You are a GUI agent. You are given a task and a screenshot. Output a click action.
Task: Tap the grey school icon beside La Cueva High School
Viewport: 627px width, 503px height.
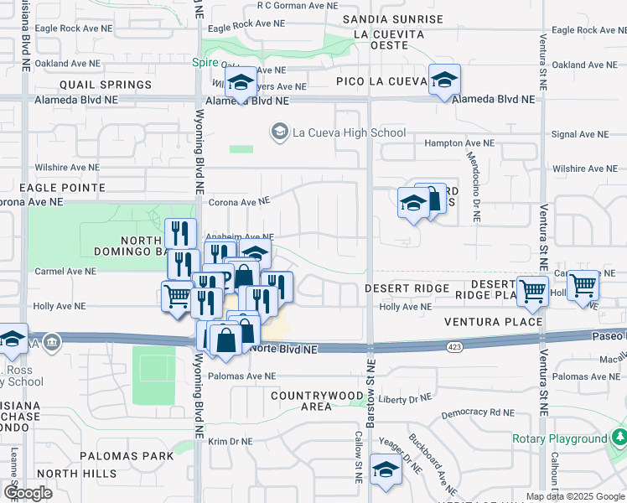(x=278, y=132)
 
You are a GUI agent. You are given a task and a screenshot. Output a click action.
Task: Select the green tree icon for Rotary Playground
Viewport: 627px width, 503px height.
(x=619, y=438)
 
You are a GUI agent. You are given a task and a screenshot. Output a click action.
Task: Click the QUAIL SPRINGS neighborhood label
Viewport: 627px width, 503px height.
(x=105, y=85)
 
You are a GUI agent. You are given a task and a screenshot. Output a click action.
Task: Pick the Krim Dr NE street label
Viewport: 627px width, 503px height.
(x=231, y=441)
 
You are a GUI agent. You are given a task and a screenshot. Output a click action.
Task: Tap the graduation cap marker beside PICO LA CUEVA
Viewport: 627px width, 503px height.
(x=444, y=80)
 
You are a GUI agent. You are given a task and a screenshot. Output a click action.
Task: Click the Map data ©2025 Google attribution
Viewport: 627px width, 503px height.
(x=576, y=496)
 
